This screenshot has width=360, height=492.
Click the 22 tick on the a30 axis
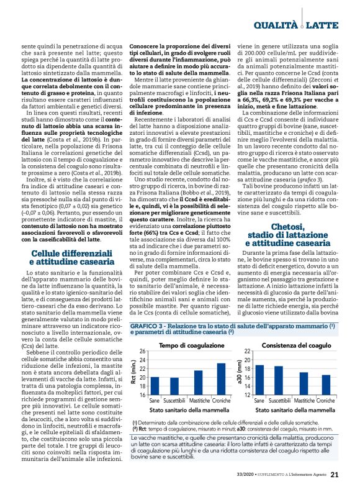tap(247, 351)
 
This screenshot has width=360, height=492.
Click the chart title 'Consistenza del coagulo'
tap(287, 345)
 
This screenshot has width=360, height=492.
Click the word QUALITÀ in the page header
tap(276, 25)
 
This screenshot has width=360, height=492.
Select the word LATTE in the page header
tap(323, 25)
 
